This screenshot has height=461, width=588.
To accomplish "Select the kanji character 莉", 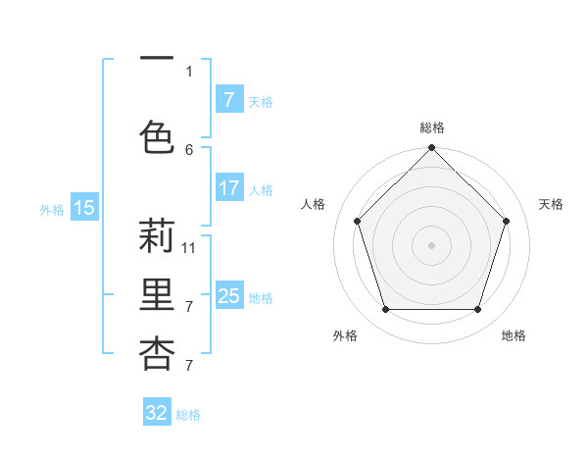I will coord(157,236).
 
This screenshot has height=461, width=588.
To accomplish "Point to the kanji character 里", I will coord(157,295).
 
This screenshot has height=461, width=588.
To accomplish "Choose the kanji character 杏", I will coord(157,353).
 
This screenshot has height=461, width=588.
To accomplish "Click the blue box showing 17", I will coord(228,188).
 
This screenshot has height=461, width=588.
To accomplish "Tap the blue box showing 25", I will coord(228,296).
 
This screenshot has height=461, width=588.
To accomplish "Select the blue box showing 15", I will coord(84,207).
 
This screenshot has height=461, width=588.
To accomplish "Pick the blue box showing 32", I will coord(157,413).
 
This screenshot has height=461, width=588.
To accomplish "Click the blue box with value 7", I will coord(228,100).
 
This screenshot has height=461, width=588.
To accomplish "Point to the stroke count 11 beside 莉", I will coord(189,248).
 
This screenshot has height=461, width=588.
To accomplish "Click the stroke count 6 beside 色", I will coord(189,149).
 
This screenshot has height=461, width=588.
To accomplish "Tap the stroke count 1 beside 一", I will coord(189,71).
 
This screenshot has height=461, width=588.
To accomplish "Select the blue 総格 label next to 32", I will coord(188,415).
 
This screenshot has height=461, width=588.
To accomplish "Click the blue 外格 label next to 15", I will coord(52,209).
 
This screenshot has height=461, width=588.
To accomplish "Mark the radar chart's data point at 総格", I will coord(431,148).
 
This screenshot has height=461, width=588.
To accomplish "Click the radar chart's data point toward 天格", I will coord(506,221).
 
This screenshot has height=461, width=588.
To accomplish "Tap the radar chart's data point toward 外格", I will coord(385,310).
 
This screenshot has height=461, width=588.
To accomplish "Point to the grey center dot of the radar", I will coord(431,244).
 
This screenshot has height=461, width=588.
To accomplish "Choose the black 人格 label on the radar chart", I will coord(314,204).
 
